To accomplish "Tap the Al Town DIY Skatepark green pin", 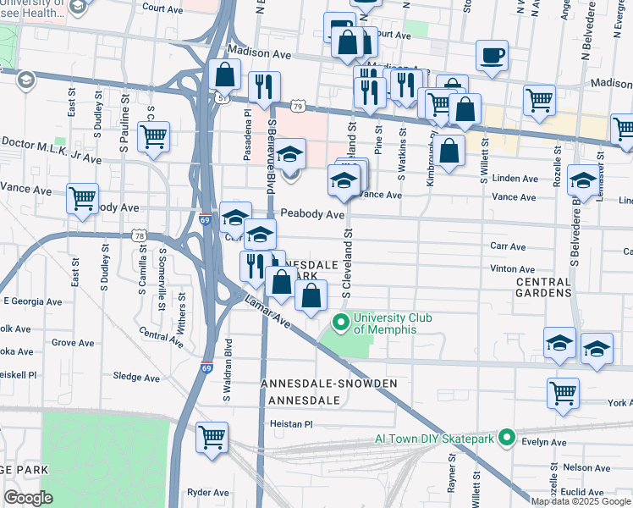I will pos(506,438).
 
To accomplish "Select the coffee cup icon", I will pos(492,56).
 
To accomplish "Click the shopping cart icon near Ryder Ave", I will pos(212,437).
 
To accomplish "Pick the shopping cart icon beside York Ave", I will pos(563,393).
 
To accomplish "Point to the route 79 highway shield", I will pos(296,105).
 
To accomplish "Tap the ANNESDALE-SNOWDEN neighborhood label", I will pos(328,384).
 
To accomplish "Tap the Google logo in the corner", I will pos(28,498).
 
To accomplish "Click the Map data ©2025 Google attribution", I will pos(581,501).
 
